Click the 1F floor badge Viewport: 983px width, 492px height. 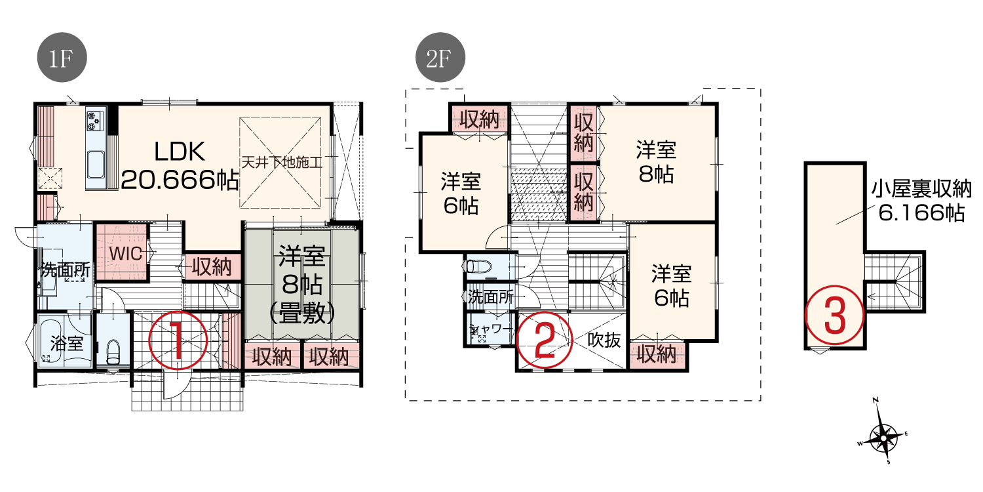click(x=62, y=57)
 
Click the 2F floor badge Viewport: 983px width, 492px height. click(x=440, y=57)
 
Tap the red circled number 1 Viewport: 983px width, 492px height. click(x=178, y=340)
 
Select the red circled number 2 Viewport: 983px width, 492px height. click(x=544, y=341)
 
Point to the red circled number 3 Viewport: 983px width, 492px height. click(x=835, y=314)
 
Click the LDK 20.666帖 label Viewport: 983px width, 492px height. click(x=180, y=165)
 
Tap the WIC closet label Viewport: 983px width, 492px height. click(x=126, y=253)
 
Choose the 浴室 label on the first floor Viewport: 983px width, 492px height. click(x=67, y=343)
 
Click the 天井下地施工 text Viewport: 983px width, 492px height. click(x=282, y=163)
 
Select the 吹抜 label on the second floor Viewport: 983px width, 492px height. click(x=604, y=340)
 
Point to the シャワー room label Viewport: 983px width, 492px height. click(x=491, y=329)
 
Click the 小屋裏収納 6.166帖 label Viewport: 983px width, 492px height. click(x=921, y=201)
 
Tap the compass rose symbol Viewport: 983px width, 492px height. click(x=882, y=437)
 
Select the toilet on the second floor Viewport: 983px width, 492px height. click(x=475, y=266)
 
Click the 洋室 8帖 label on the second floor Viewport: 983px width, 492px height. click(x=656, y=162)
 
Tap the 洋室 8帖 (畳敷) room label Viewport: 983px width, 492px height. click(x=302, y=285)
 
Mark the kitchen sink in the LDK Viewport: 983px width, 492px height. click(x=95, y=165)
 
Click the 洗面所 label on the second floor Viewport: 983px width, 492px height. click(x=491, y=297)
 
